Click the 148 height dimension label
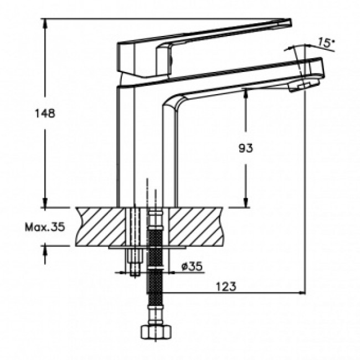(45, 113)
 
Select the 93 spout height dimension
(246, 148)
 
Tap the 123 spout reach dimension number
(226, 286)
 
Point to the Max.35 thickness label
(45, 227)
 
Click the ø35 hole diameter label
(192, 266)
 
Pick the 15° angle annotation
(326, 43)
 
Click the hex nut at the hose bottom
(156, 332)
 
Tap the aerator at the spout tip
(304, 86)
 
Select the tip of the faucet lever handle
(290, 23)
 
